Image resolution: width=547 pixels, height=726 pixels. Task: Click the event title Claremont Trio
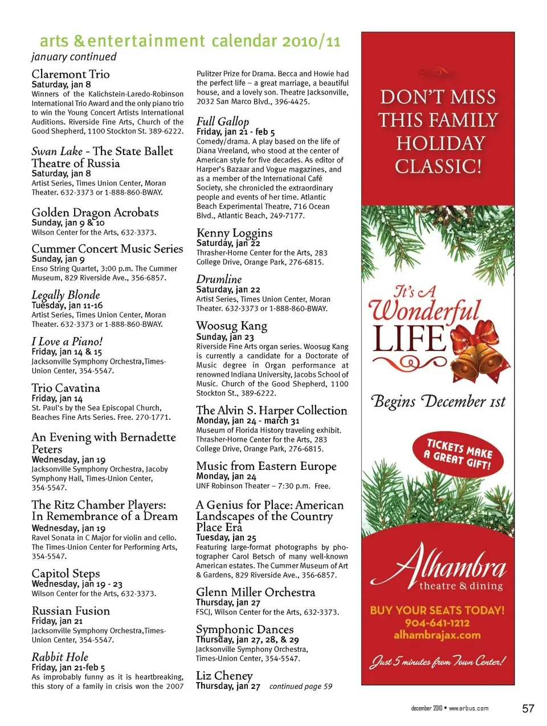71,74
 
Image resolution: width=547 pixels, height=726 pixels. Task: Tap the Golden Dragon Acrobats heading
95,213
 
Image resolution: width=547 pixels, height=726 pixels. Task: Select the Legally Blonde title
66,295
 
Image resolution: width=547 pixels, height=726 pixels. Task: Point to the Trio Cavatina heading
66,388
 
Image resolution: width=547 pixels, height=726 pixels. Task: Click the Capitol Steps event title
66,573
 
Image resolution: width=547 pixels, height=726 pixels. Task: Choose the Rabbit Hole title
60,656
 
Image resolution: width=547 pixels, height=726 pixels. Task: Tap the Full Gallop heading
223,121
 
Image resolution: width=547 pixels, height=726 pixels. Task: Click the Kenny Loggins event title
234,233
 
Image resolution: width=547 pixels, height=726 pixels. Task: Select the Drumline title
219,279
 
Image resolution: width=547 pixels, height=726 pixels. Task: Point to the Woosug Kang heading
231,326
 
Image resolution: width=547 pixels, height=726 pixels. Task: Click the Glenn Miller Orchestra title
255,592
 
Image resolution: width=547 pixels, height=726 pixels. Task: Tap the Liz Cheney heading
224,675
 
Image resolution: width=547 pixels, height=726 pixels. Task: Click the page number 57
528,708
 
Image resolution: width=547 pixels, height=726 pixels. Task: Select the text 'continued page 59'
301,687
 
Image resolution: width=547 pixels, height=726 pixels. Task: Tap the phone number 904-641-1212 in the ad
437,623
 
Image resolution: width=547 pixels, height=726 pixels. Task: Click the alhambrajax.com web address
437,635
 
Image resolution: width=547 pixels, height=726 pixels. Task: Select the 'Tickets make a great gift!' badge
458,454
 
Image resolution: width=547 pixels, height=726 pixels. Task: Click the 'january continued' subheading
74,57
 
